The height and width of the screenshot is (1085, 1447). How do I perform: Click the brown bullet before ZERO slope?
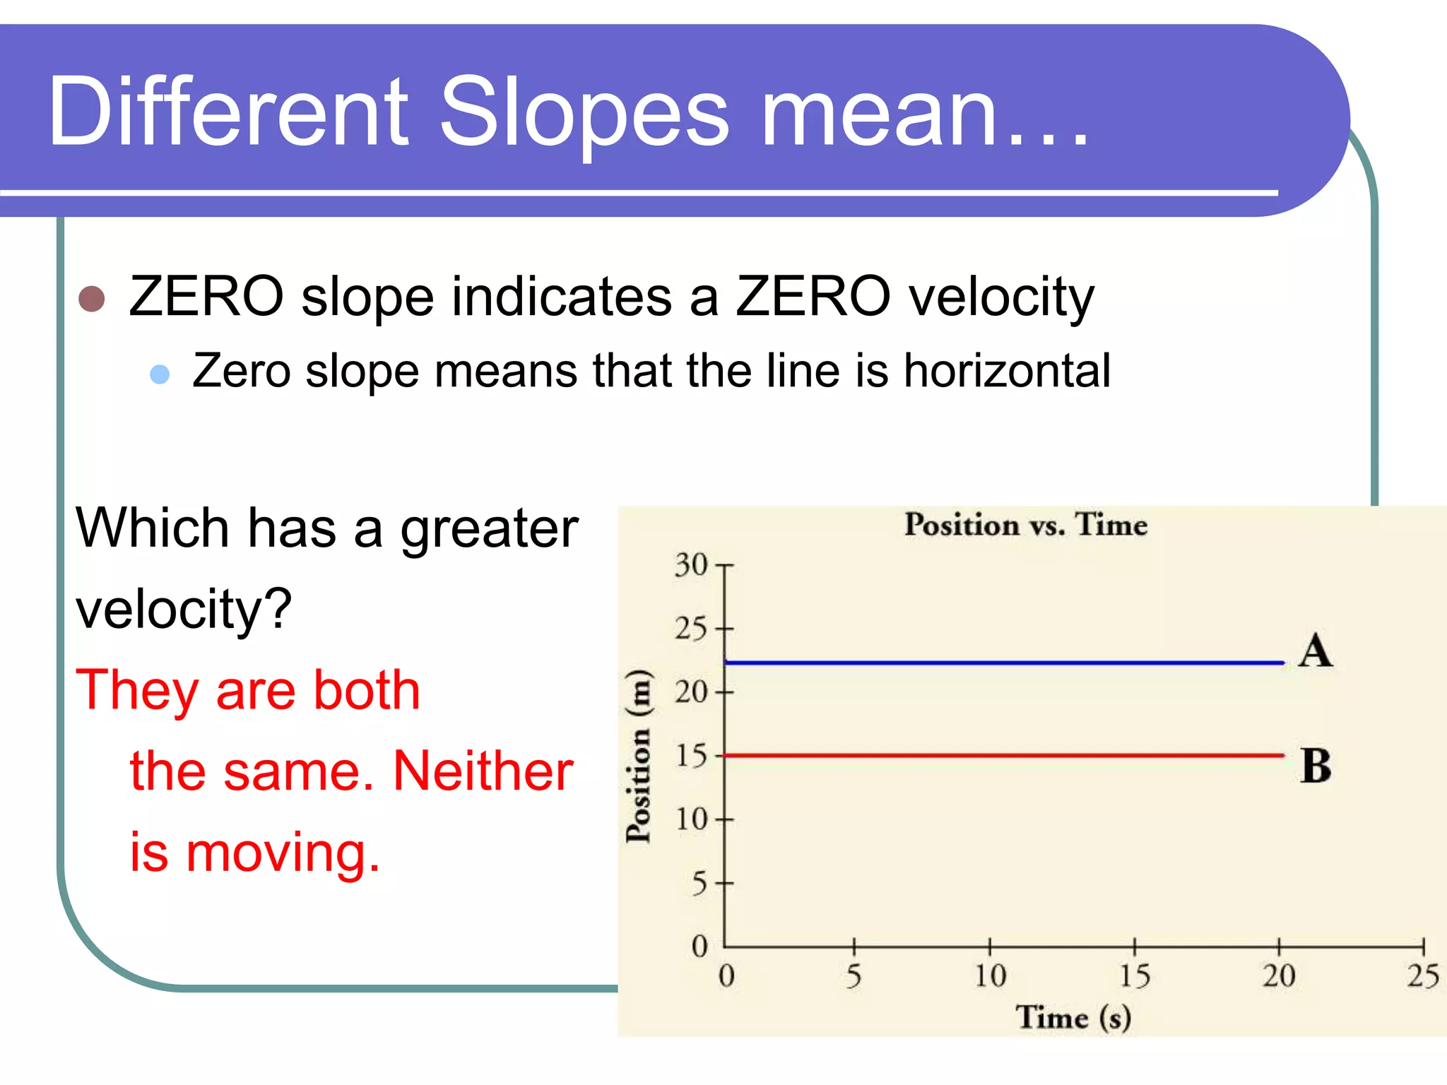click(92, 299)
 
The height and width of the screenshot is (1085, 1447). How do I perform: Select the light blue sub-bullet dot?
click(160, 374)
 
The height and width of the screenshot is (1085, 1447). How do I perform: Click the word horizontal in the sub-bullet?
click(1007, 371)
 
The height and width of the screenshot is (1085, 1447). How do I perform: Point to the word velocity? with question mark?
click(184, 609)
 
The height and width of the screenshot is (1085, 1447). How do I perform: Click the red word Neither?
click(483, 771)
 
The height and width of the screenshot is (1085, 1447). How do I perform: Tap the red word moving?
click(283, 853)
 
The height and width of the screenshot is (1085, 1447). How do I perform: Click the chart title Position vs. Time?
click(1026, 525)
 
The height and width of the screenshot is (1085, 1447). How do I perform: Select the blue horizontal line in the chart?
click(1003, 663)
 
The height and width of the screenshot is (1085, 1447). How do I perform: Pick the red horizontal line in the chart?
click(1003, 756)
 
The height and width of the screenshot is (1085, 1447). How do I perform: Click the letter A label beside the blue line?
click(1316, 651)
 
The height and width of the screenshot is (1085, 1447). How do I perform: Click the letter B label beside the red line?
click(1316, 766)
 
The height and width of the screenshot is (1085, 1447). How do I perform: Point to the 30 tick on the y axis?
click(690, 565)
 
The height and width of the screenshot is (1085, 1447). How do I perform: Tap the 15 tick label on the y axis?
click(690, 757)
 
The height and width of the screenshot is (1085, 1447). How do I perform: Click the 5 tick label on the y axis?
click(699, 884)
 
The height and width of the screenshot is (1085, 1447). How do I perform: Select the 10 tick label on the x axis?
click(990, 976)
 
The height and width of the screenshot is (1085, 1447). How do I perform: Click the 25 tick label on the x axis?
click(1422, 976)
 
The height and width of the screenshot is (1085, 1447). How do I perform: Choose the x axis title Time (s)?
click(1073, 1018)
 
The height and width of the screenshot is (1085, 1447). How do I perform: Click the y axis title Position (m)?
click(638, 756)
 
